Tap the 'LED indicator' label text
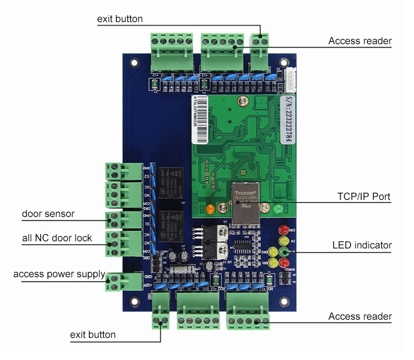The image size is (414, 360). pos(362,245)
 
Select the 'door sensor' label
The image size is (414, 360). pos(48,214)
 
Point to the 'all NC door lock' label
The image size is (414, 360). pos(57,238)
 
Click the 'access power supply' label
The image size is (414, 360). pos(59,274)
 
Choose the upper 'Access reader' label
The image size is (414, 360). pos(360,41)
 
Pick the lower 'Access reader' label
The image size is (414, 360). pos(360,316)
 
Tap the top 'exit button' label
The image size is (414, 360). pos(120,19)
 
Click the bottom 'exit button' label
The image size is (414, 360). pos(93,335)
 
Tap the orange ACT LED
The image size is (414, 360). pos(210,209)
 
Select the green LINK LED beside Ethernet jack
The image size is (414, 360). pos(278,209)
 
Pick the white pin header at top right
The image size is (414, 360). pos(290,77)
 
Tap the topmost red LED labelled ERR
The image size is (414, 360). pos(284,229)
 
